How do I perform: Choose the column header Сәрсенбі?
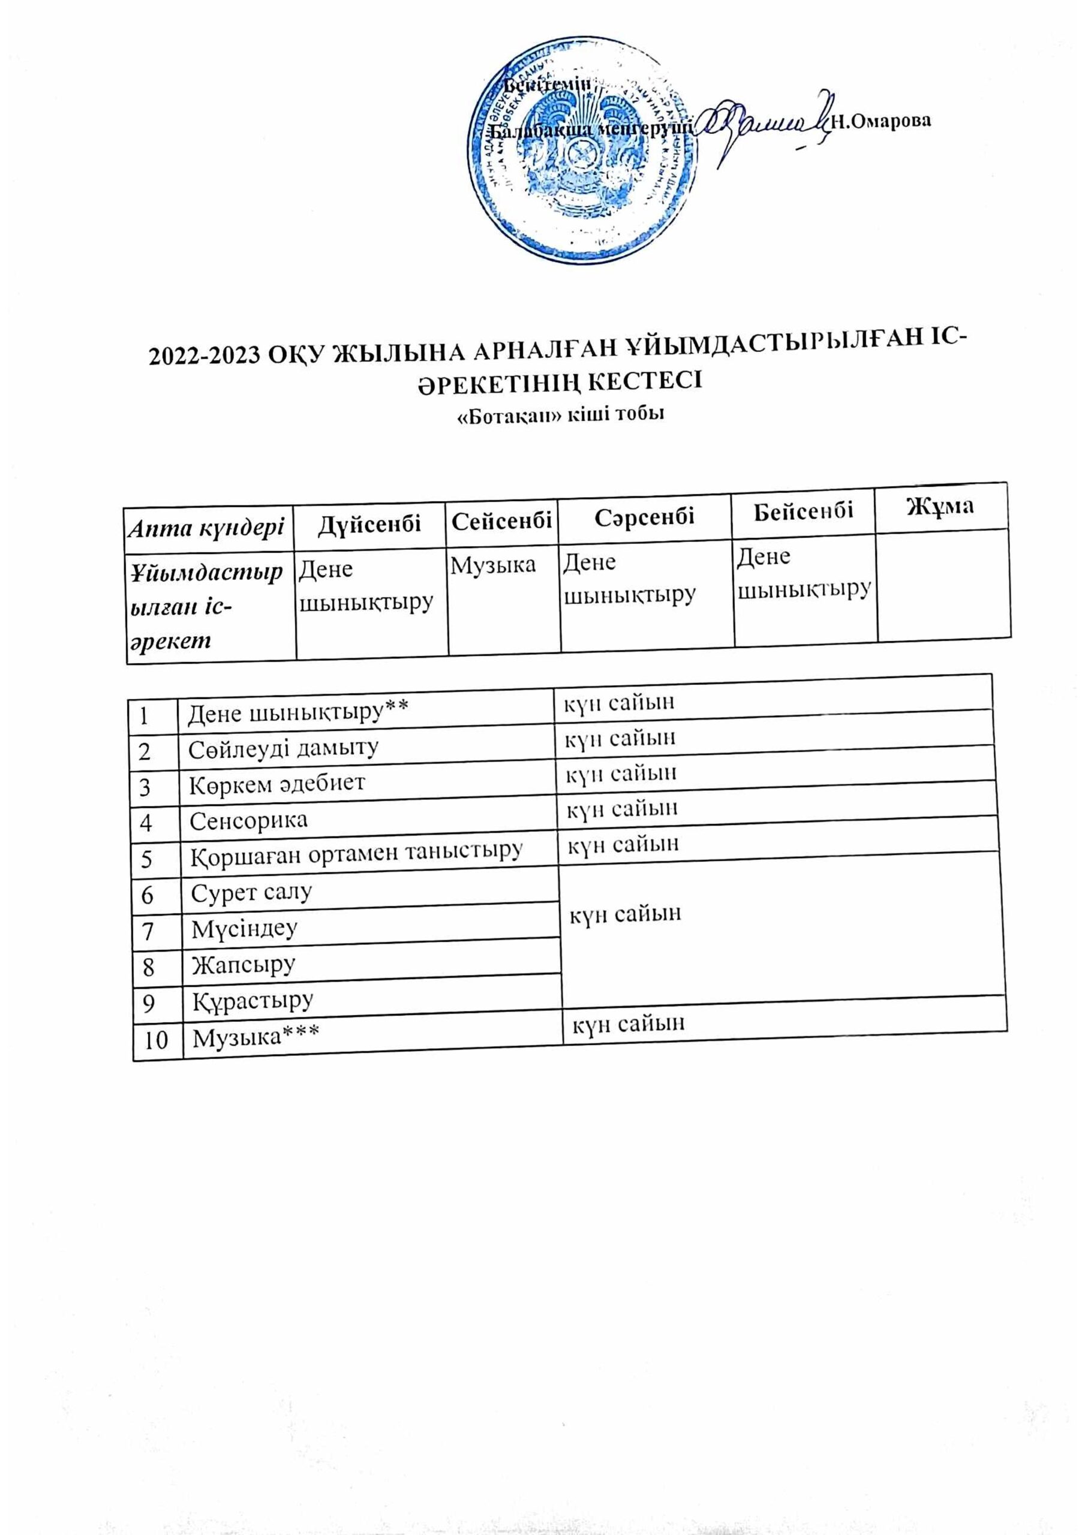tap(644, 517)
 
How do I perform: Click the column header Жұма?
tap(940, 506)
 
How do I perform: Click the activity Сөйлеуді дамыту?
tap(284, 748)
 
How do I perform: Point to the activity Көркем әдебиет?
tap(277, 783)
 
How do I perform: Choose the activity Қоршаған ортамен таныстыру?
tap(356, 854)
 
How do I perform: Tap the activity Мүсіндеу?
tap(244, 929)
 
